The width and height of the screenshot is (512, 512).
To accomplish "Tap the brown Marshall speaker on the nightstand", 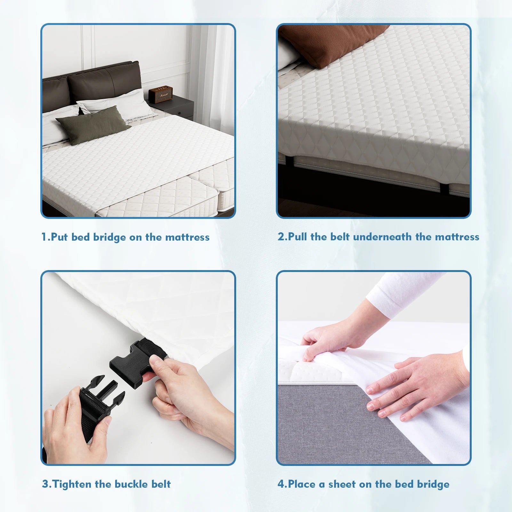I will pyautogui.click(x=160, y=94).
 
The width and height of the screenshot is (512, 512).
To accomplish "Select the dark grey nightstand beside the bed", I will pyautogui.click(x=174, y=107).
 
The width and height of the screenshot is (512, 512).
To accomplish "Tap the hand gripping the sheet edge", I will pyautogui.click(x=326, y=342).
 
